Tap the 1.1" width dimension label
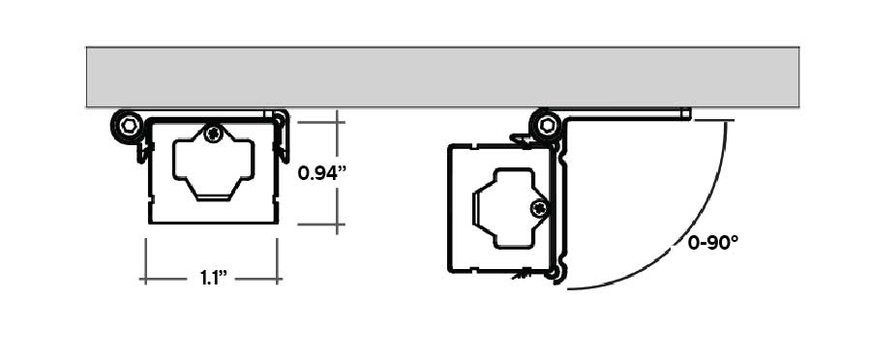pos(213,279)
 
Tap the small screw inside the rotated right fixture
pos(539,208)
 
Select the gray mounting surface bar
pos(442,76)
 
